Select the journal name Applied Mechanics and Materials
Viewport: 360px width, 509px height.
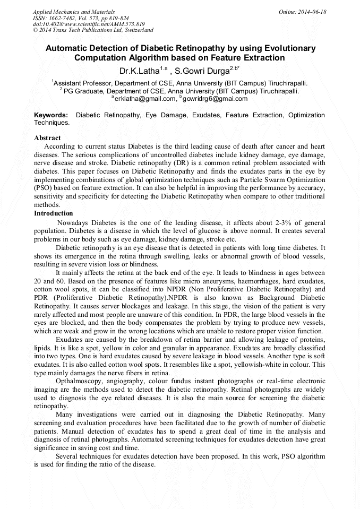point(74,12)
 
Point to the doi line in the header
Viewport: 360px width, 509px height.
point(89,24)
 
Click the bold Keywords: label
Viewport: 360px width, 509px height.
point(51,115)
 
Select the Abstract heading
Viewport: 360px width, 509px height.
point(47,138)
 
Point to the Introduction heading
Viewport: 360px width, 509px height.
point(53,213)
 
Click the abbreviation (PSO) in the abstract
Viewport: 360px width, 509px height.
point(44,188)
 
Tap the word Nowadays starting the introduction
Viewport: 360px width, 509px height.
point(73,223)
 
